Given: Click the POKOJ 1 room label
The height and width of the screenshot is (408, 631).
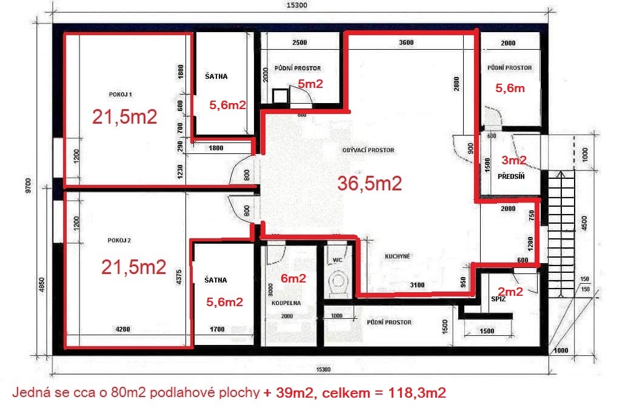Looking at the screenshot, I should click(x=121, y=95).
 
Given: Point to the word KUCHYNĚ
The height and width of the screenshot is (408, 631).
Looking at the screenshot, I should click(x=398, y=256).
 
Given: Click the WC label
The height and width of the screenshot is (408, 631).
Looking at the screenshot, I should click(x=338, y=260).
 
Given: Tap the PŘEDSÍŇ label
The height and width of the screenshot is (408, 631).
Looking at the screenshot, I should click(x=510, y=176).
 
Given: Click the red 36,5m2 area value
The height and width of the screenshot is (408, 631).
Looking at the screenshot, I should click(x=370, y=184).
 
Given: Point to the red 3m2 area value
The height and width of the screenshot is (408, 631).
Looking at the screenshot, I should click(x=513, y=161).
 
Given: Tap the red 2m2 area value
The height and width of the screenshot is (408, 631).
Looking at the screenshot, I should click(x=510, y=292).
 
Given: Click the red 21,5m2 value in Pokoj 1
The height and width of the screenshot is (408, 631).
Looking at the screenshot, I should click(x=124, y=117).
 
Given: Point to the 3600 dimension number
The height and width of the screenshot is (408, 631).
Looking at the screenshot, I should click(x=406, y=42).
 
